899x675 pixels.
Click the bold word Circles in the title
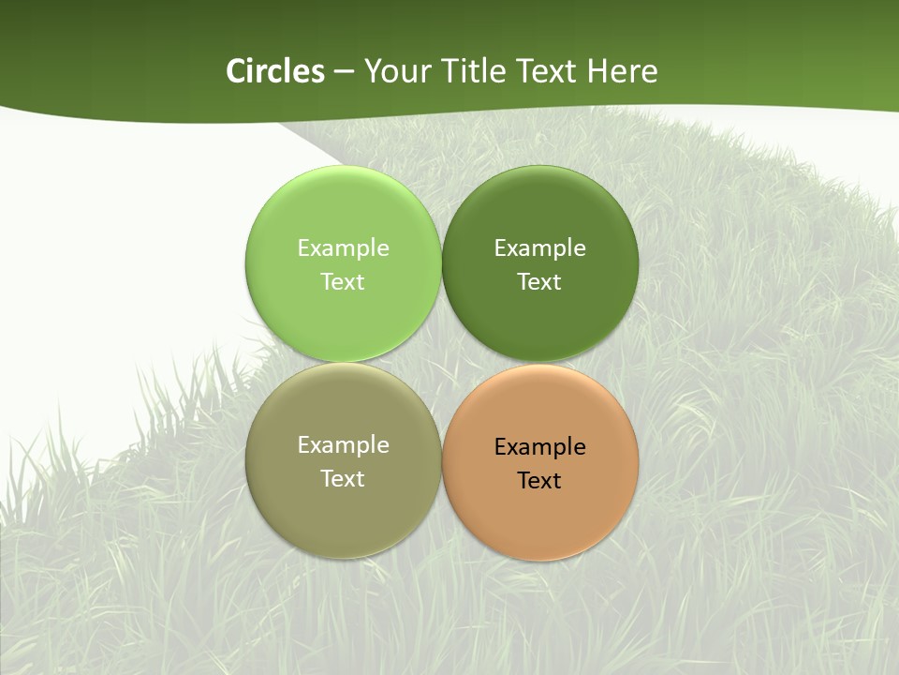tap(275, 71)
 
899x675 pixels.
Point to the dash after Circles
tap(344, 72)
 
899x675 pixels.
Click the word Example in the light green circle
tap(343, 247)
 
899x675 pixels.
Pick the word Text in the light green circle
tap(343, 281)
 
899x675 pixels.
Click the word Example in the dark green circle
tap(539, 247)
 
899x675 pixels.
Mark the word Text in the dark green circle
tap(539, 281)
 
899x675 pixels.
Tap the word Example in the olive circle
tap(343, 444)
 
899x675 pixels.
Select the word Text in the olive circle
tap(343, 478)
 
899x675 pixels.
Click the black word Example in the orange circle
tap(539, 446)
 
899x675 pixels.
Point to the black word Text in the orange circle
tap(539, 480)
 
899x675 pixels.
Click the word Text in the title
tap(549, 71)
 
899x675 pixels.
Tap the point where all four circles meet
tap(442, 363)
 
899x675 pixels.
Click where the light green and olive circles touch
tap(343, 362)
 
